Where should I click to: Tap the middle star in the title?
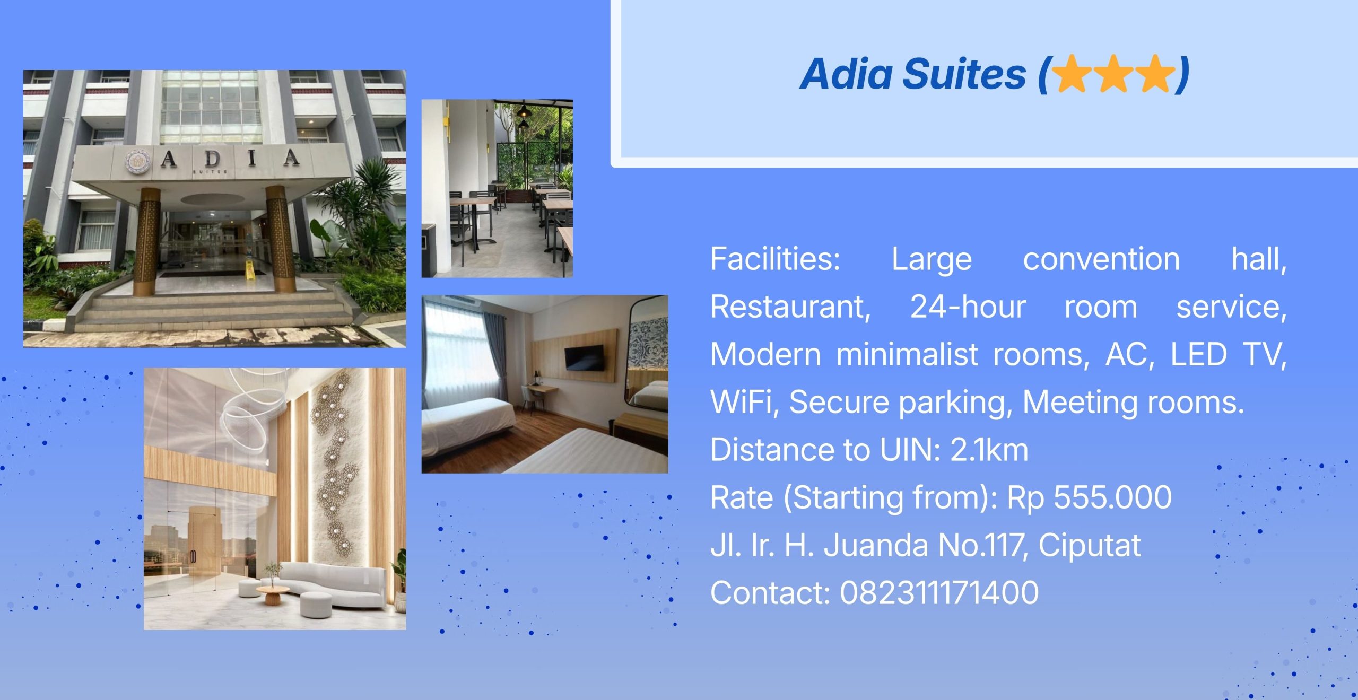[1114, 74]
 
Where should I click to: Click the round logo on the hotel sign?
[138, 161]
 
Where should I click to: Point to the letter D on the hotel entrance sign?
[212, 157]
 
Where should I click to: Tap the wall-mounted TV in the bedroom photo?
[584, 357]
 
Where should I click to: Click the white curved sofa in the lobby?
[334, 584]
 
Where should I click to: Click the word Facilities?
[776, 259]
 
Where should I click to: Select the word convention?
[1101, 260]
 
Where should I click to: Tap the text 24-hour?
[968, 307]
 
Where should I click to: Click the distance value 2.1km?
[989, 450]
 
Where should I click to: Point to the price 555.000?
[1112, 497]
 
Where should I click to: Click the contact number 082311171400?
[939, 592]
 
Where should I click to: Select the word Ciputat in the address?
[1089, 545]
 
